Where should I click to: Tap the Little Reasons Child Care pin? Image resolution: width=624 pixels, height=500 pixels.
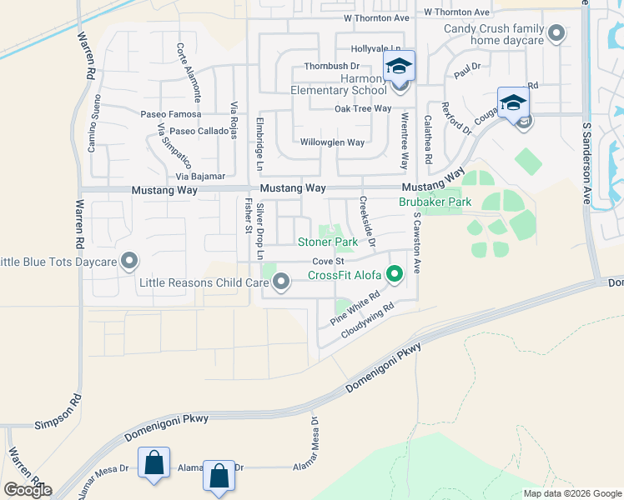(x=281, y=284)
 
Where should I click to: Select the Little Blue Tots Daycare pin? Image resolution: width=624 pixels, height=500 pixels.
(x=129, y=262)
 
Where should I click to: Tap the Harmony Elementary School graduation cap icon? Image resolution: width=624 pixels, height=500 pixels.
(x=399, y=66)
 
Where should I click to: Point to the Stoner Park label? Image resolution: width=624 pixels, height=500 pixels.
(x=328, y=242)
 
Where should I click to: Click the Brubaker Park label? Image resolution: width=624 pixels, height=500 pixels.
(x=435, y=202)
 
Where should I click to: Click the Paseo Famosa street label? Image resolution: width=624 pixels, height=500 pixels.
(x=171, y=114)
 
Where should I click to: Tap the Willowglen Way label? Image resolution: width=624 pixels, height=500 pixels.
(x=332, y=142)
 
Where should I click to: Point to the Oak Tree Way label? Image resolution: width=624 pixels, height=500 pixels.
(x=363, y=108)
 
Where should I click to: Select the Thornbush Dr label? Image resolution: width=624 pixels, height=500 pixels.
(x=331, y=65)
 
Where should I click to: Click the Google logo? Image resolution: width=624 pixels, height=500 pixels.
(x=28, y=489)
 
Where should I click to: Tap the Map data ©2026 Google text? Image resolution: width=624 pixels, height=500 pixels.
(x=572, y=493)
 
